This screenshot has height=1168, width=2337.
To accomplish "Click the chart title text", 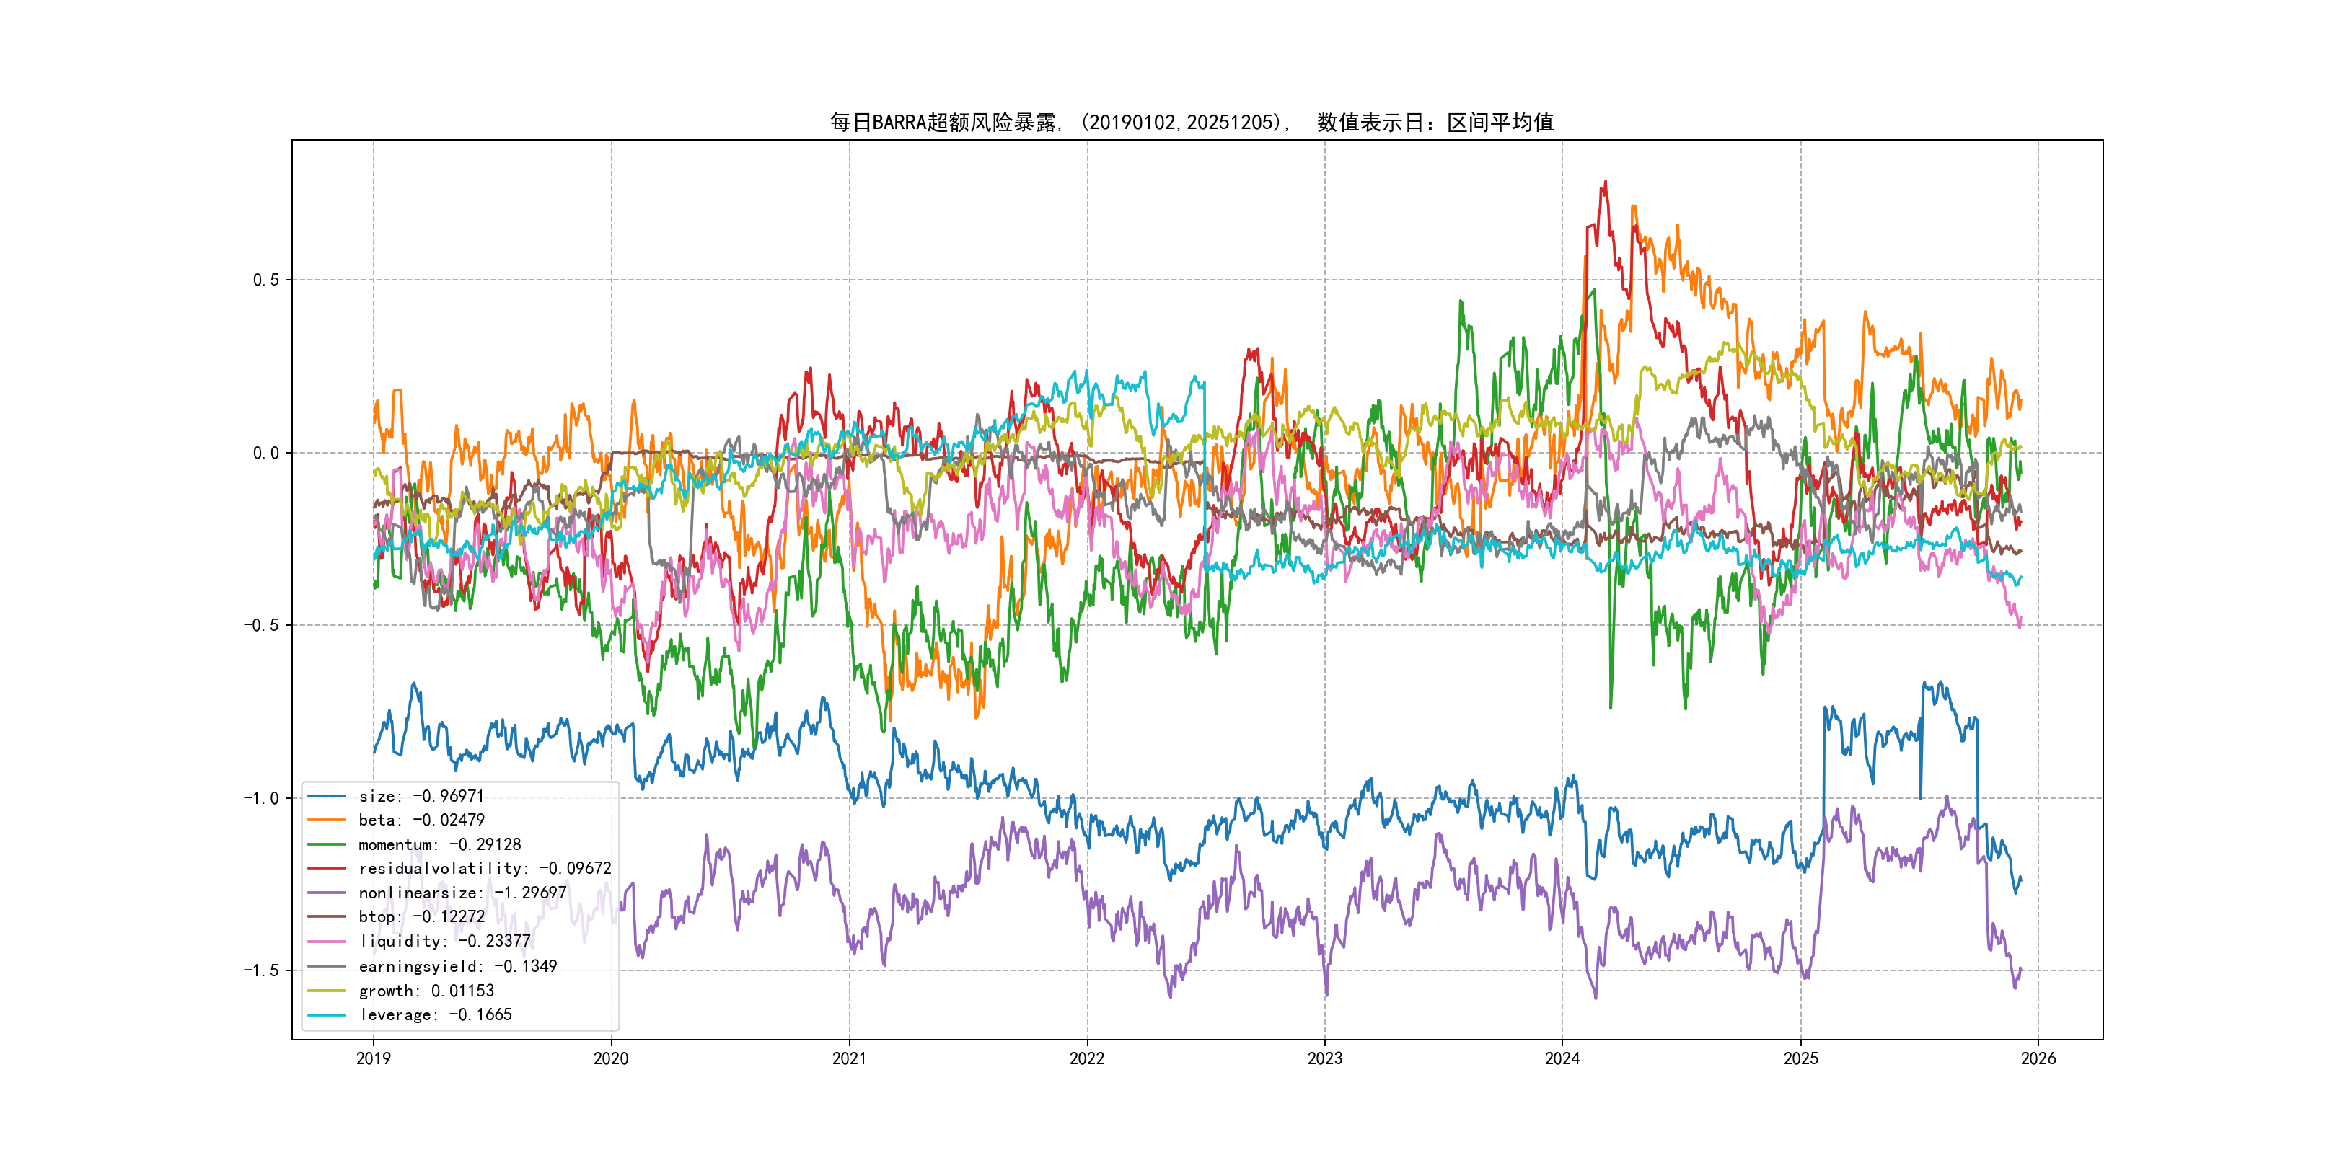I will click(1191, 123).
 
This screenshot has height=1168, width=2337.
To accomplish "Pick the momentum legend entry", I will click(439, 844).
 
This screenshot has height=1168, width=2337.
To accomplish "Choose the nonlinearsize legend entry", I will click(462, 893).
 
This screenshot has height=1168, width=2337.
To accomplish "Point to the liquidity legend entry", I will click(444, 942).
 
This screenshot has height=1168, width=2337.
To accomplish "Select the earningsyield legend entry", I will click(457, 966).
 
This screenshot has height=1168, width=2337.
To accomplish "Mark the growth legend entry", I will click(426, 990).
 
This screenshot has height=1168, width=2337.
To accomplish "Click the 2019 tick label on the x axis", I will click(374, 1058).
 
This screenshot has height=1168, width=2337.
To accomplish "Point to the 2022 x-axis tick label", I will click(1087, 1058).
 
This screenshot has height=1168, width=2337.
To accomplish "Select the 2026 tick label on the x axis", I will click(2038, 1058).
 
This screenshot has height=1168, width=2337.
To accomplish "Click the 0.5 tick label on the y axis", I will click(266, 280).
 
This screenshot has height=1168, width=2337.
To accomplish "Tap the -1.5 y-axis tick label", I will click(260, 970).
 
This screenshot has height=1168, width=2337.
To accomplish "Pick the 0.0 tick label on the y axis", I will click(266, 453).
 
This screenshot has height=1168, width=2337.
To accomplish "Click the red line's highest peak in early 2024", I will click(1606, 182).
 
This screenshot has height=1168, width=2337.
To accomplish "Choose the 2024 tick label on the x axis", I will click(1562, 1058).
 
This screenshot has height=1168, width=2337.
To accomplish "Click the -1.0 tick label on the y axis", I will click(260, 798).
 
